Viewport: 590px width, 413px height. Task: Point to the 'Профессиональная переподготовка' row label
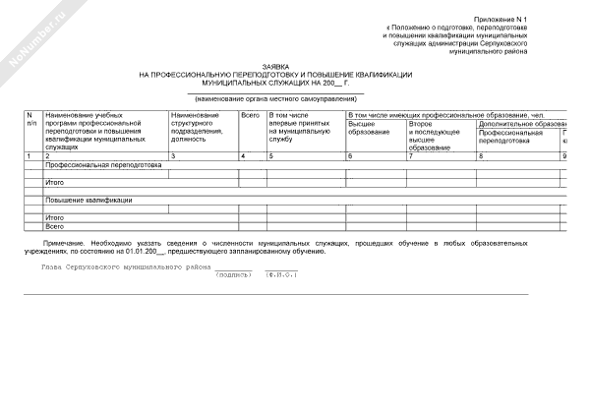click(x=117, y=165)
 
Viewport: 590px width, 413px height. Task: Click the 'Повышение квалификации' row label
click(x=89, y=201)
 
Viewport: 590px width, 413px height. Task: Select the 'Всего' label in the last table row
click(x=55, y=226)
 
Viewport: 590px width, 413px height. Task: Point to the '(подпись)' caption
click(x=233, y=275)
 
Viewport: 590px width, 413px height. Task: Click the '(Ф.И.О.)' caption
click(x=281, y=275)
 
